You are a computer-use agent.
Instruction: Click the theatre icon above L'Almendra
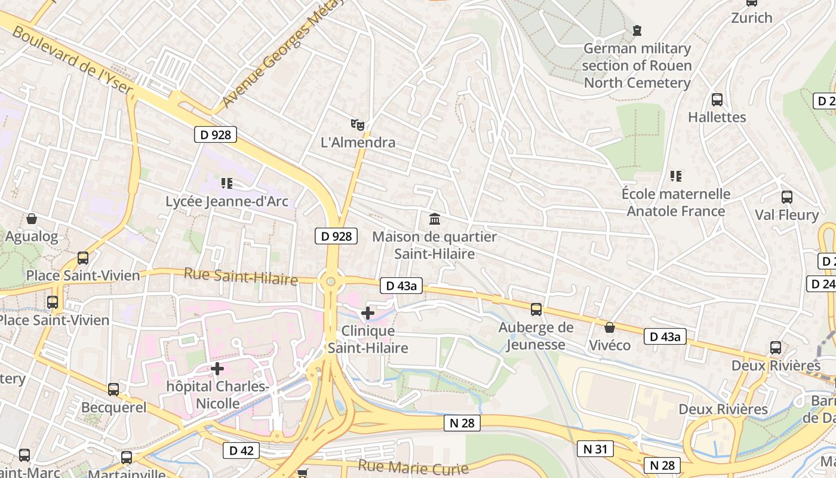tap(357, 124)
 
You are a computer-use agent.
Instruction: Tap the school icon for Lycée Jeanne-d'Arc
tap(226, 183)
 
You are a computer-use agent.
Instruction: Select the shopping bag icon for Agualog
tap(32, 219)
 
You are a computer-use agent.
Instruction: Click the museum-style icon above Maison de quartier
tap(435, 219)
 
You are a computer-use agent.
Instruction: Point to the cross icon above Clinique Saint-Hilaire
tap(368, 312)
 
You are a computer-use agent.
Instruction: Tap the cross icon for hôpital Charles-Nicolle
tap(217, 368)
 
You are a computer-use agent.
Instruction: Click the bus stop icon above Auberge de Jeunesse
tap(536, 309)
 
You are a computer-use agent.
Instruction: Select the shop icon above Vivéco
tap(610, 327)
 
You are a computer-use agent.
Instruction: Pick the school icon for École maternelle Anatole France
tap(676, 176)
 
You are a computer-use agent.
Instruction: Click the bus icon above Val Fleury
tap(787, 197)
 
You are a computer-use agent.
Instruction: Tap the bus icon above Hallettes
tap(717, 99)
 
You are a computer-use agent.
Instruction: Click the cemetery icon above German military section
tap(637, 30)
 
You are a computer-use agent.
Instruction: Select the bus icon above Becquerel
tap(113, 390)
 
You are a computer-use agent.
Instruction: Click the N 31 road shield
tap(595, 449)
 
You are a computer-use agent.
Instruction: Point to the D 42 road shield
tap(241, 451)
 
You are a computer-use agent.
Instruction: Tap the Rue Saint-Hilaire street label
tap(241, 277)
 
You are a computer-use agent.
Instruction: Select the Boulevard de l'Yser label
tap(72, 60)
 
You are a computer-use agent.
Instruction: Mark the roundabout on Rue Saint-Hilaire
tap(330, 281)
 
